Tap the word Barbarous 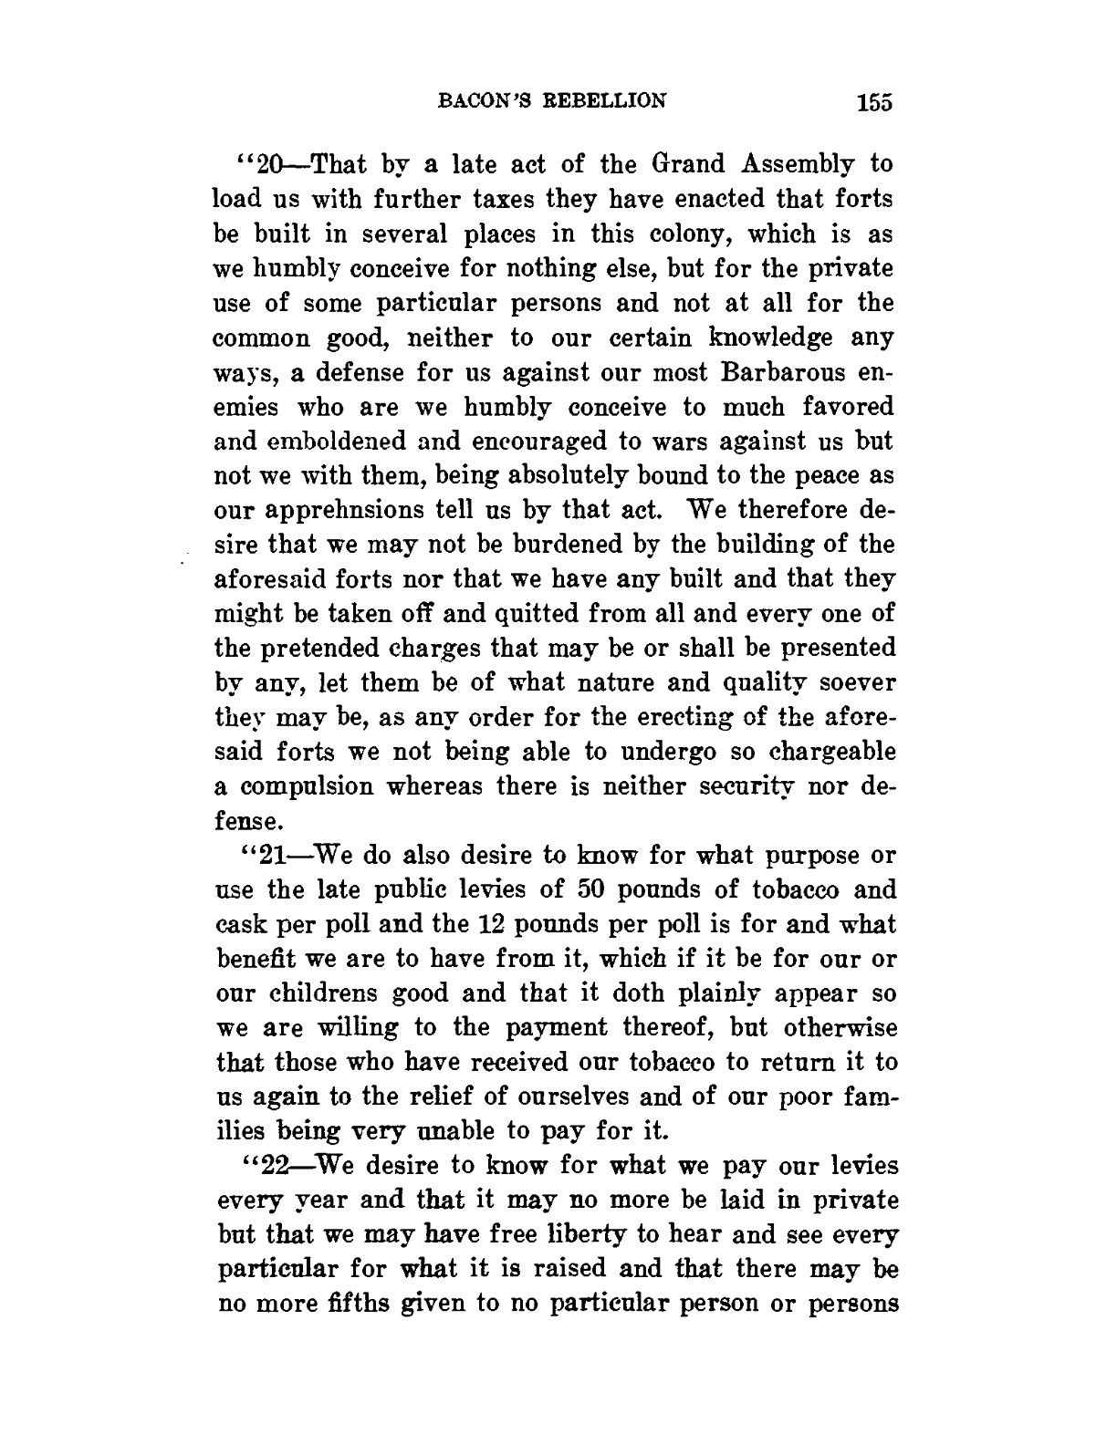pyautogui.click(x=789, y=372)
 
